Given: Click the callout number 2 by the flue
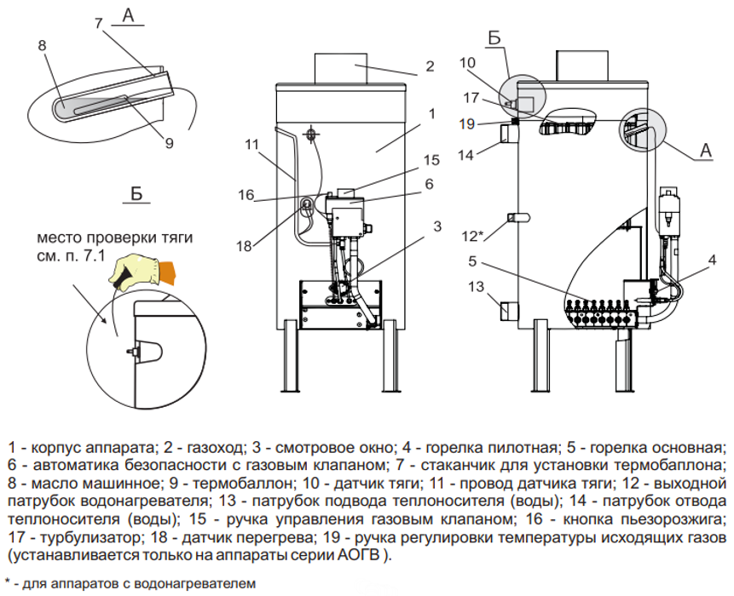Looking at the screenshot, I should (x=431, y=66).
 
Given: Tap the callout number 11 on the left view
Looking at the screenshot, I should (x=250, y=144).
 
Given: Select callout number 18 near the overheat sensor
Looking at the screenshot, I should (x=244, y=246).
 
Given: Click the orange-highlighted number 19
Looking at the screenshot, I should (x=465, y=123).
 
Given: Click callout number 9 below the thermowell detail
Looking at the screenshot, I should (x=169, y=144).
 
